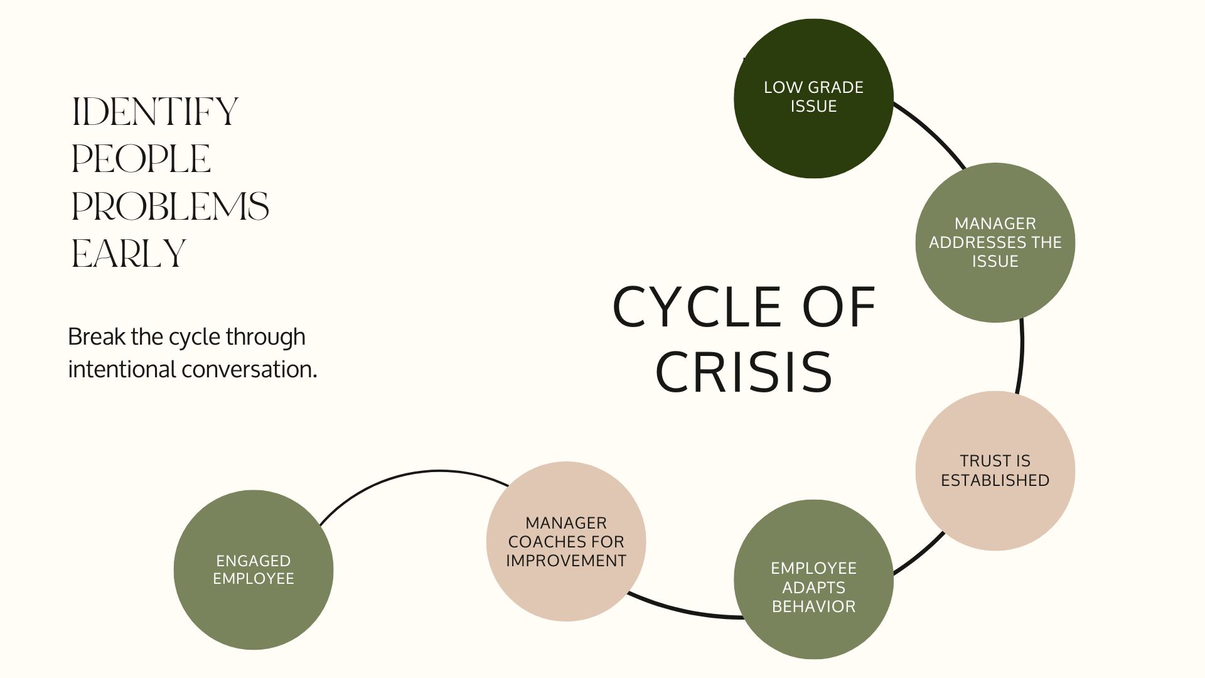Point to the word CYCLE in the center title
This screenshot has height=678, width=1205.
(697, 307)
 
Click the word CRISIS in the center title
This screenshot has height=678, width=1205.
(744, 371)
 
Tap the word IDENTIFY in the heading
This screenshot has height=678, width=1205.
(155, 112)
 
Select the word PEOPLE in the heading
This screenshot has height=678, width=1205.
(141, 159)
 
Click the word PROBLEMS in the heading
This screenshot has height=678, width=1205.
(170, 207)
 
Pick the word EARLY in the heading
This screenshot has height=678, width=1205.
(129, 254)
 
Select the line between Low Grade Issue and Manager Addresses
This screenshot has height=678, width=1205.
(932, 131)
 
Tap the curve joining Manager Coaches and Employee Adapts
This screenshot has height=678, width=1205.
(684, 610)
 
